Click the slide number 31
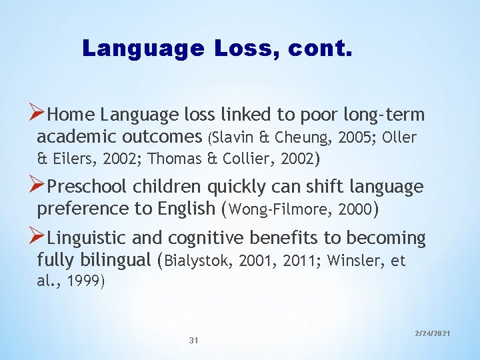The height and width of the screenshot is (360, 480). point(194,341)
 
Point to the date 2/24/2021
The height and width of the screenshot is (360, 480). point(433,332)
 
